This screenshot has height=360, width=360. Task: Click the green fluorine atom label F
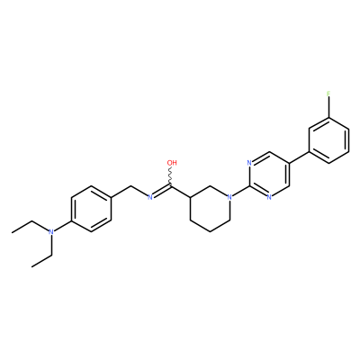(x=328, y=94)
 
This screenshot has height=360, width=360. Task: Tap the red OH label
(x=172, y=163)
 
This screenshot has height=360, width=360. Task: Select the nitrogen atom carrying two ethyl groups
(x=51, y=232)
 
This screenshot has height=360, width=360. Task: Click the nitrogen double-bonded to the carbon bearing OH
(x=150, y=197)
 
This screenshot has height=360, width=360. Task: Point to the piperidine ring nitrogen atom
(x=229, y=197)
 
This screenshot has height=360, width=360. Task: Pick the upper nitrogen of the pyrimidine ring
(x=249, y=163)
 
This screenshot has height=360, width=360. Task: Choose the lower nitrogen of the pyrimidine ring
(x=269, y=197)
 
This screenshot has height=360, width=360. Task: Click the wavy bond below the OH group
(x=171, y=177)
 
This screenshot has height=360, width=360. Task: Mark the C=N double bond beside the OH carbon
(x=162, y=192)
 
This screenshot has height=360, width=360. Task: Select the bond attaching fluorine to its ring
(x=328, y=108)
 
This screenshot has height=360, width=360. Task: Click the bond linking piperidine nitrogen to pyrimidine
(x=241, y=192)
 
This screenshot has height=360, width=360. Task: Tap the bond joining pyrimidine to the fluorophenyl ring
(x=299, y=157)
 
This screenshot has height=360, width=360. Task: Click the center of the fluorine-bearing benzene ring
(x=328, y=140)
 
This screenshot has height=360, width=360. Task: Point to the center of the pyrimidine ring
(x=269, y=175)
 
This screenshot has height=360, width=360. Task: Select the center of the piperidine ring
(x=210, y=209)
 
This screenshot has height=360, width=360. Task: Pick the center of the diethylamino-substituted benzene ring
(x=91, y=209)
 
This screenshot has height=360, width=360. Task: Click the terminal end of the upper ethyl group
(x=12, y=232)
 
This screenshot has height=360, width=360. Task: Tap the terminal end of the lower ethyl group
(x=31, y=266)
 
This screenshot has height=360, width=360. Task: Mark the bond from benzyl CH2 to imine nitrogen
(x=139, y=191)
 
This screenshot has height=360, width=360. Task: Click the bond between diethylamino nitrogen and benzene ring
(x=63, y=226)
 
